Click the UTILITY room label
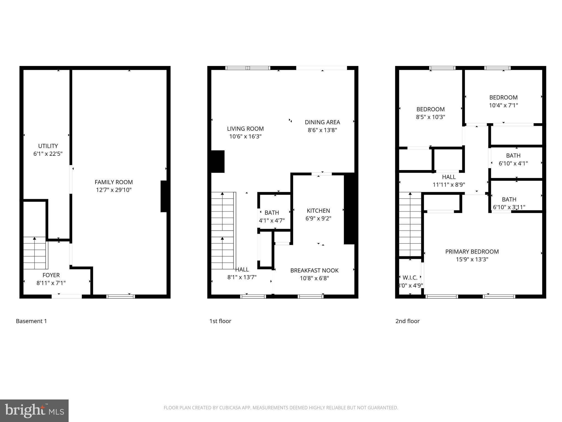click(48, 146)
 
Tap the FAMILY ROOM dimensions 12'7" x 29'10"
click(114, 190)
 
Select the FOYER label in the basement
click(51, 275)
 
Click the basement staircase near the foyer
click(35, 253)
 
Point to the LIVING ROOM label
click(245, 129)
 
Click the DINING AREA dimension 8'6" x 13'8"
click(322, 130)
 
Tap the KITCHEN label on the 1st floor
click(318, 211)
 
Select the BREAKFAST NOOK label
click(314, 271)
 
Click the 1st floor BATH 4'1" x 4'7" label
click(272, 213)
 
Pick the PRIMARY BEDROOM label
click(472, 252)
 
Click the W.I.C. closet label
click(410, 278)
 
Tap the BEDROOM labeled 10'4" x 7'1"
click(503, 98)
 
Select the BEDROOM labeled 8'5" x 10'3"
click(430, 109)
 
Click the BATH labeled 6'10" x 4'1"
click(513, 156)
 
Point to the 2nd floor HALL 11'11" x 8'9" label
click(449, 177)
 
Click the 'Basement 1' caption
click(31, 321)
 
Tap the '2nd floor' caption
click(407, 321)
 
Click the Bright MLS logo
click(34, 411)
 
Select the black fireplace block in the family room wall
click(164, 196)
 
